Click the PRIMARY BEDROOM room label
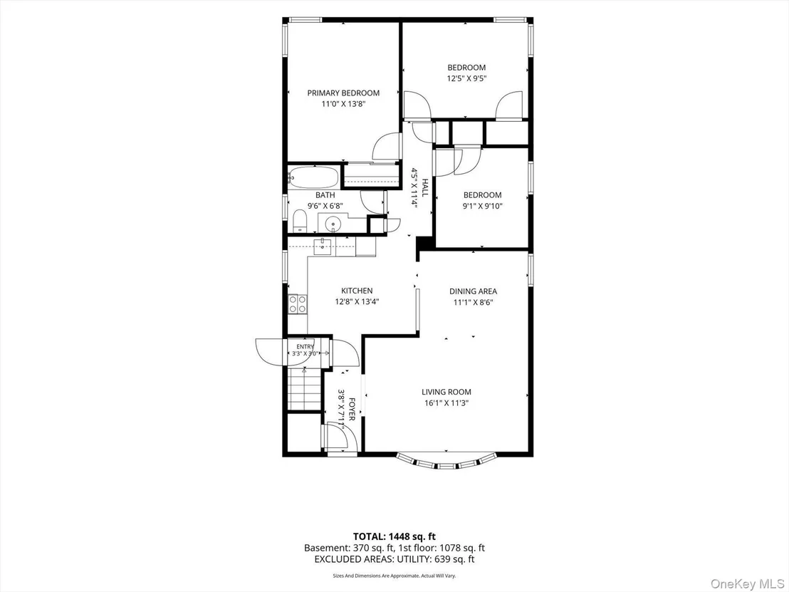(343, 93)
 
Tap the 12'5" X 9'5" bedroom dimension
(466, 78)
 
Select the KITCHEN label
(357, 291)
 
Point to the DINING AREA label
(473, 291)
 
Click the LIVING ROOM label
(446, 392)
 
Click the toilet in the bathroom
(299, 221)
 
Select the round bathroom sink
(333, 222)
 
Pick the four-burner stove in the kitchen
(298, 304)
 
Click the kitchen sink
(323, 246)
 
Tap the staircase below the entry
(305, 389)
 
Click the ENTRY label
(305, 346)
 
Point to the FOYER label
(352, 409)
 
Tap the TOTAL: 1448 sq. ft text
(390, 536)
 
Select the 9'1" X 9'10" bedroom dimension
(482, 206)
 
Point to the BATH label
(325, 194)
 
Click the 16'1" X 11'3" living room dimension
(446, 403)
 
